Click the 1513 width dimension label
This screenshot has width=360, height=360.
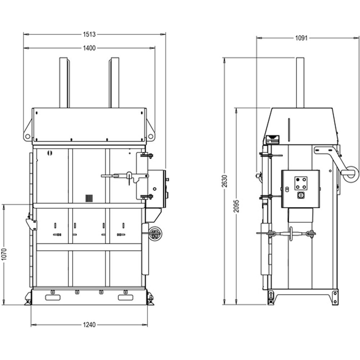point(89,35)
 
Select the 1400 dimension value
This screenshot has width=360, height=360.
point(89,48)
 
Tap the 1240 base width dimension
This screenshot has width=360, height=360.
point(89,325)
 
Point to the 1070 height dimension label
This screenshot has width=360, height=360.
point(4,254)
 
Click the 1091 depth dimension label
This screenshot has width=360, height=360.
point(301,38)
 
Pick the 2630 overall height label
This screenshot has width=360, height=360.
point(225,181)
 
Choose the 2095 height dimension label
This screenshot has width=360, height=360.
point(237,206)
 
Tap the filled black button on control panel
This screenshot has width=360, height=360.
point(298,180)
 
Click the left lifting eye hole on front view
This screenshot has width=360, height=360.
point(28,136)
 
